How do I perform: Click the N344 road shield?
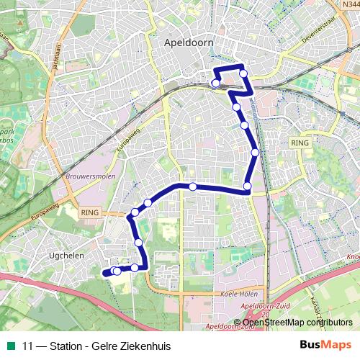point(351,5)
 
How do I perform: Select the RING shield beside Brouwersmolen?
point(90,213)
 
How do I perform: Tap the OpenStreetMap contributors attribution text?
point(297,322)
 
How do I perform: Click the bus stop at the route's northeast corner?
point(243,73)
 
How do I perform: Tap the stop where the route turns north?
point(247,187)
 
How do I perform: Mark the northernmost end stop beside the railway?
point(215,84)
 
